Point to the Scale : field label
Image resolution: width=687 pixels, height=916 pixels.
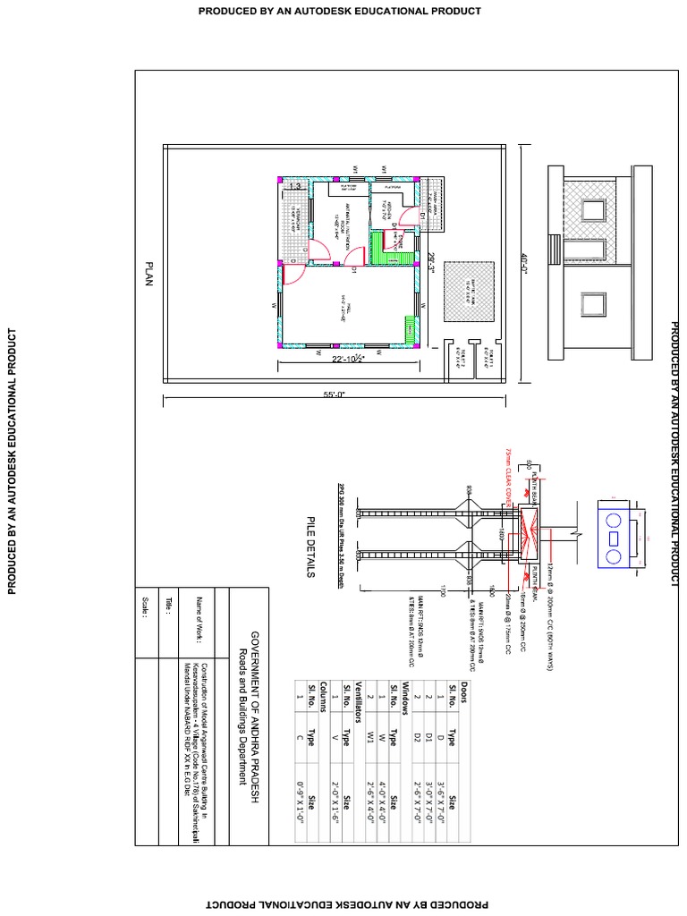(144, 626)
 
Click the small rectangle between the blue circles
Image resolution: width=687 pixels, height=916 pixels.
(614, 539)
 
